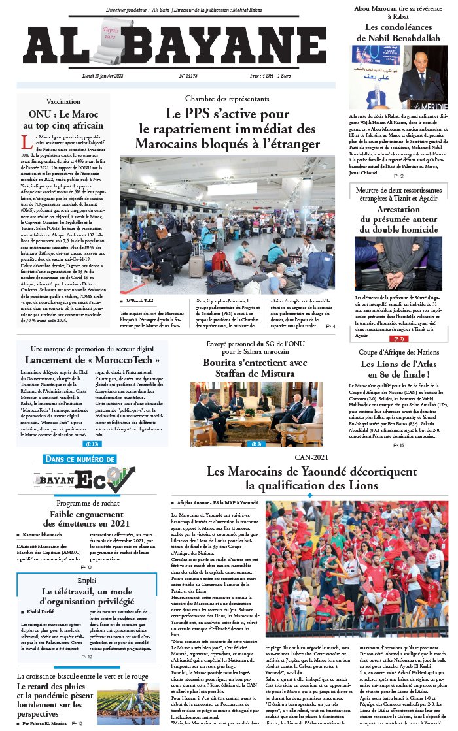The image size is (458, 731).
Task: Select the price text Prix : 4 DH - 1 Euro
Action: coord(287,76)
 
